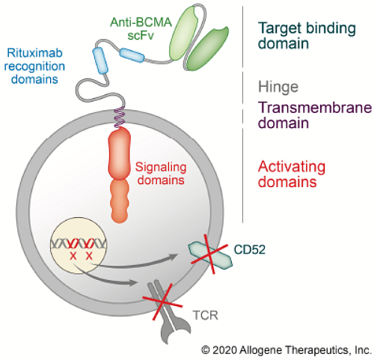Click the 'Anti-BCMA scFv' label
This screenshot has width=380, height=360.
coord(141,28)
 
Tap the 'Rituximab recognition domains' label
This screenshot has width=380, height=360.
coord(34,66)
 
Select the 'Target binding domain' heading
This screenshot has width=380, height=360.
coord(307,35)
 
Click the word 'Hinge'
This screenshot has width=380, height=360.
coord(278,87)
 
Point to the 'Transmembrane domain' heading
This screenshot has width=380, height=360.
coord(315,115)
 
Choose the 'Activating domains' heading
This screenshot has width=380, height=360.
coord(292,174)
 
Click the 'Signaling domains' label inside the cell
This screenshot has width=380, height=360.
coord(161,174)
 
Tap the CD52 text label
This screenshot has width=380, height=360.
coord(250,249)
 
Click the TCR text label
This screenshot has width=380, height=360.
coord(205,315)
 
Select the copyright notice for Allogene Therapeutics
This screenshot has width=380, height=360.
coord(286,350)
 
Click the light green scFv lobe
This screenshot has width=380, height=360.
coord(183,33)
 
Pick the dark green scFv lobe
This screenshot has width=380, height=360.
coord(208,49)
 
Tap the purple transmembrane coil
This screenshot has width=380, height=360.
coord(120,117)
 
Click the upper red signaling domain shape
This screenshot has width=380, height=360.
coord(120,153)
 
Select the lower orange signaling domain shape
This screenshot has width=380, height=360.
coord(120,201)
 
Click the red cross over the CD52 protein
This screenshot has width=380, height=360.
coord(209,254)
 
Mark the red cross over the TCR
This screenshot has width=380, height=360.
coord(162,302)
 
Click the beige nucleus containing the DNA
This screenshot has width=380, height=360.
coord(79,245)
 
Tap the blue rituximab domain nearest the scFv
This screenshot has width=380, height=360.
coord(132,55)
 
